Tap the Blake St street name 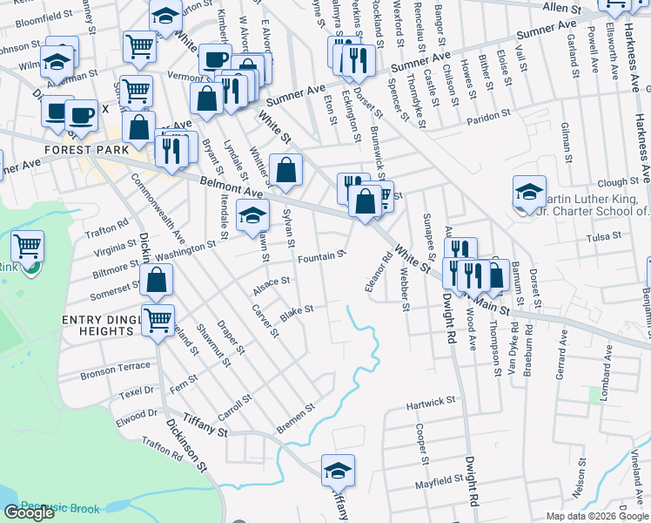tap(296, 309)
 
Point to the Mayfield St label tap(438, 479)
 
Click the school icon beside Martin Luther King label tap(529, 193)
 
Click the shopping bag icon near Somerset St tap(157, 281)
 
